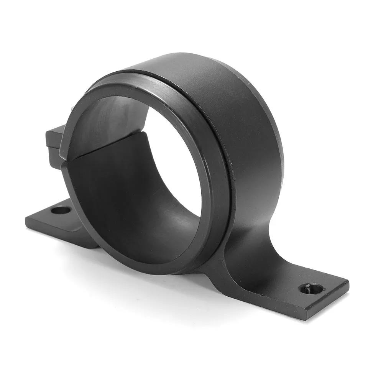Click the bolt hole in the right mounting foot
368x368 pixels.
pyautogui.click(x=310, y=288)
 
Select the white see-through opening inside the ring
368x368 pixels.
pyautogui.click(x=172, y=153)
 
